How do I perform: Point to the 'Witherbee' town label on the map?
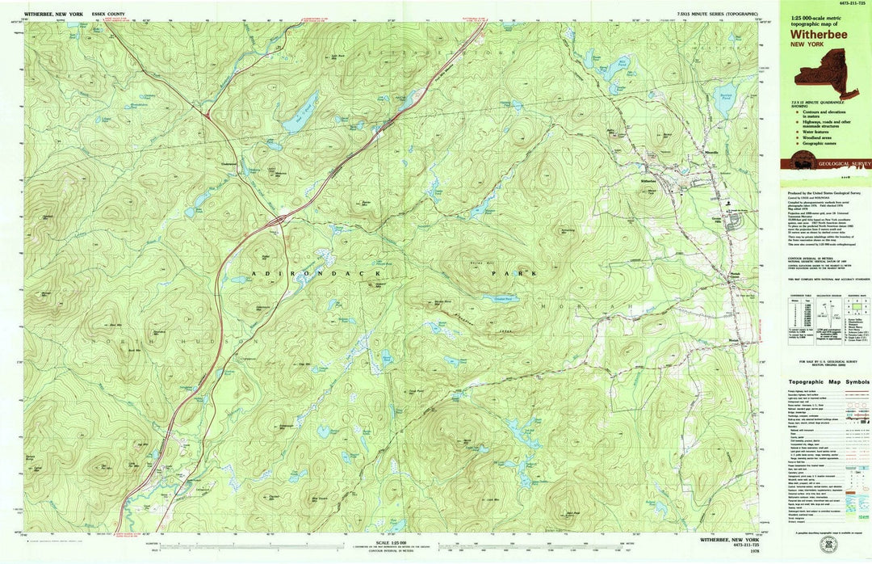coord(648,181)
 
